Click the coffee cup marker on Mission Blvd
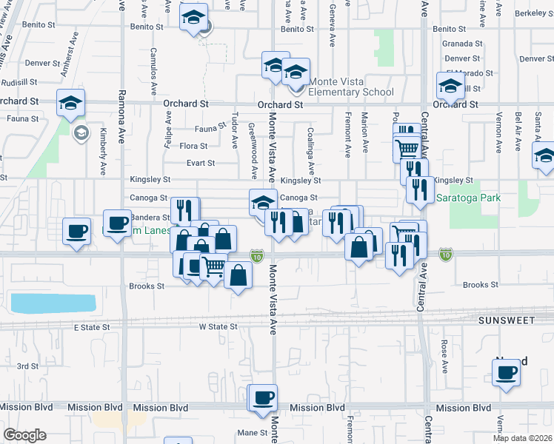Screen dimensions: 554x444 click(263, 398)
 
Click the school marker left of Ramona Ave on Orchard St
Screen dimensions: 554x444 click(71, 102)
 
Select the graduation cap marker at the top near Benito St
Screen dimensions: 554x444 click(193, 18)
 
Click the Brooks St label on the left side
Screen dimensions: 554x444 click(146, 286)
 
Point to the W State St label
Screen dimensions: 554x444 click(217, 326)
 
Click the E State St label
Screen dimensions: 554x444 click(91, 326)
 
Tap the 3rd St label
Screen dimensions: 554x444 click(27, 366)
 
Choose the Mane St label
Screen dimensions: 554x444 click(252, 432)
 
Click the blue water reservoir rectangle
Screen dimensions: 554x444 click(53, 303)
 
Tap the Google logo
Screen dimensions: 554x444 click(24, 435)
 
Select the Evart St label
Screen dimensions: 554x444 click(201, 163)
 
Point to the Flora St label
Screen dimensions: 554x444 click(193, 146)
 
